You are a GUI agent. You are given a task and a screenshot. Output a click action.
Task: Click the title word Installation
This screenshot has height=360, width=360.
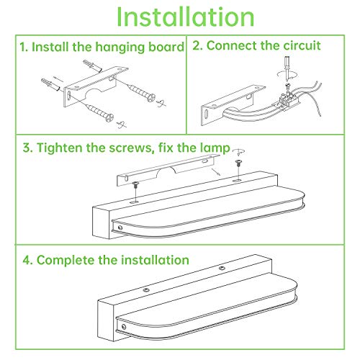coord(185,17)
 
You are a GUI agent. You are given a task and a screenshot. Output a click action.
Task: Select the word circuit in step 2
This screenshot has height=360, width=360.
coord(302,45)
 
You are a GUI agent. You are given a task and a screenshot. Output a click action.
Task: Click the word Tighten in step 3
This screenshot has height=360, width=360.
coord(60,148)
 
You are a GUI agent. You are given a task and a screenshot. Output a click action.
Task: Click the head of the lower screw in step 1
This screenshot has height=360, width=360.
coord(109,118)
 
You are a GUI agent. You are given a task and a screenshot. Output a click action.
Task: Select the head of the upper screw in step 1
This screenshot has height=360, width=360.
coord(151,98)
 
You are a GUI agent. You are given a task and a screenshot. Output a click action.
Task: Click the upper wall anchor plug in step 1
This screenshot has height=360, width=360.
coord(93,66)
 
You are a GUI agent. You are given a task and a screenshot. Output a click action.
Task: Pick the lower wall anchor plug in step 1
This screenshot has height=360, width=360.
coord(50,85)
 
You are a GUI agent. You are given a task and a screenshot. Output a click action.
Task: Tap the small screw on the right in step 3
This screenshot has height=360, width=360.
coord(238,163)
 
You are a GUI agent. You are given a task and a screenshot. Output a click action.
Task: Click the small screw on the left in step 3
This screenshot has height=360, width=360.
coord(135,184)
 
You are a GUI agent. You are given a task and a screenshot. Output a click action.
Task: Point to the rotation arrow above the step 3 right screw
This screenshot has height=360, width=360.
coord(239,152)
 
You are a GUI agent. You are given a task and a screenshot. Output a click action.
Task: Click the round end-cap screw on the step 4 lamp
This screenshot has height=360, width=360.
coord(124,327)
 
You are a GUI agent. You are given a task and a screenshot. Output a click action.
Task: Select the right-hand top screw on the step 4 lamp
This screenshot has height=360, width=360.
coord(222,268)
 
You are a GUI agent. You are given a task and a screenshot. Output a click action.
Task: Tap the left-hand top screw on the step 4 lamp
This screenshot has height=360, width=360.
coord(146,290)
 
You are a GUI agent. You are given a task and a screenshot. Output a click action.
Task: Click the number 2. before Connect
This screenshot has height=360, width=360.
coord(197,45)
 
